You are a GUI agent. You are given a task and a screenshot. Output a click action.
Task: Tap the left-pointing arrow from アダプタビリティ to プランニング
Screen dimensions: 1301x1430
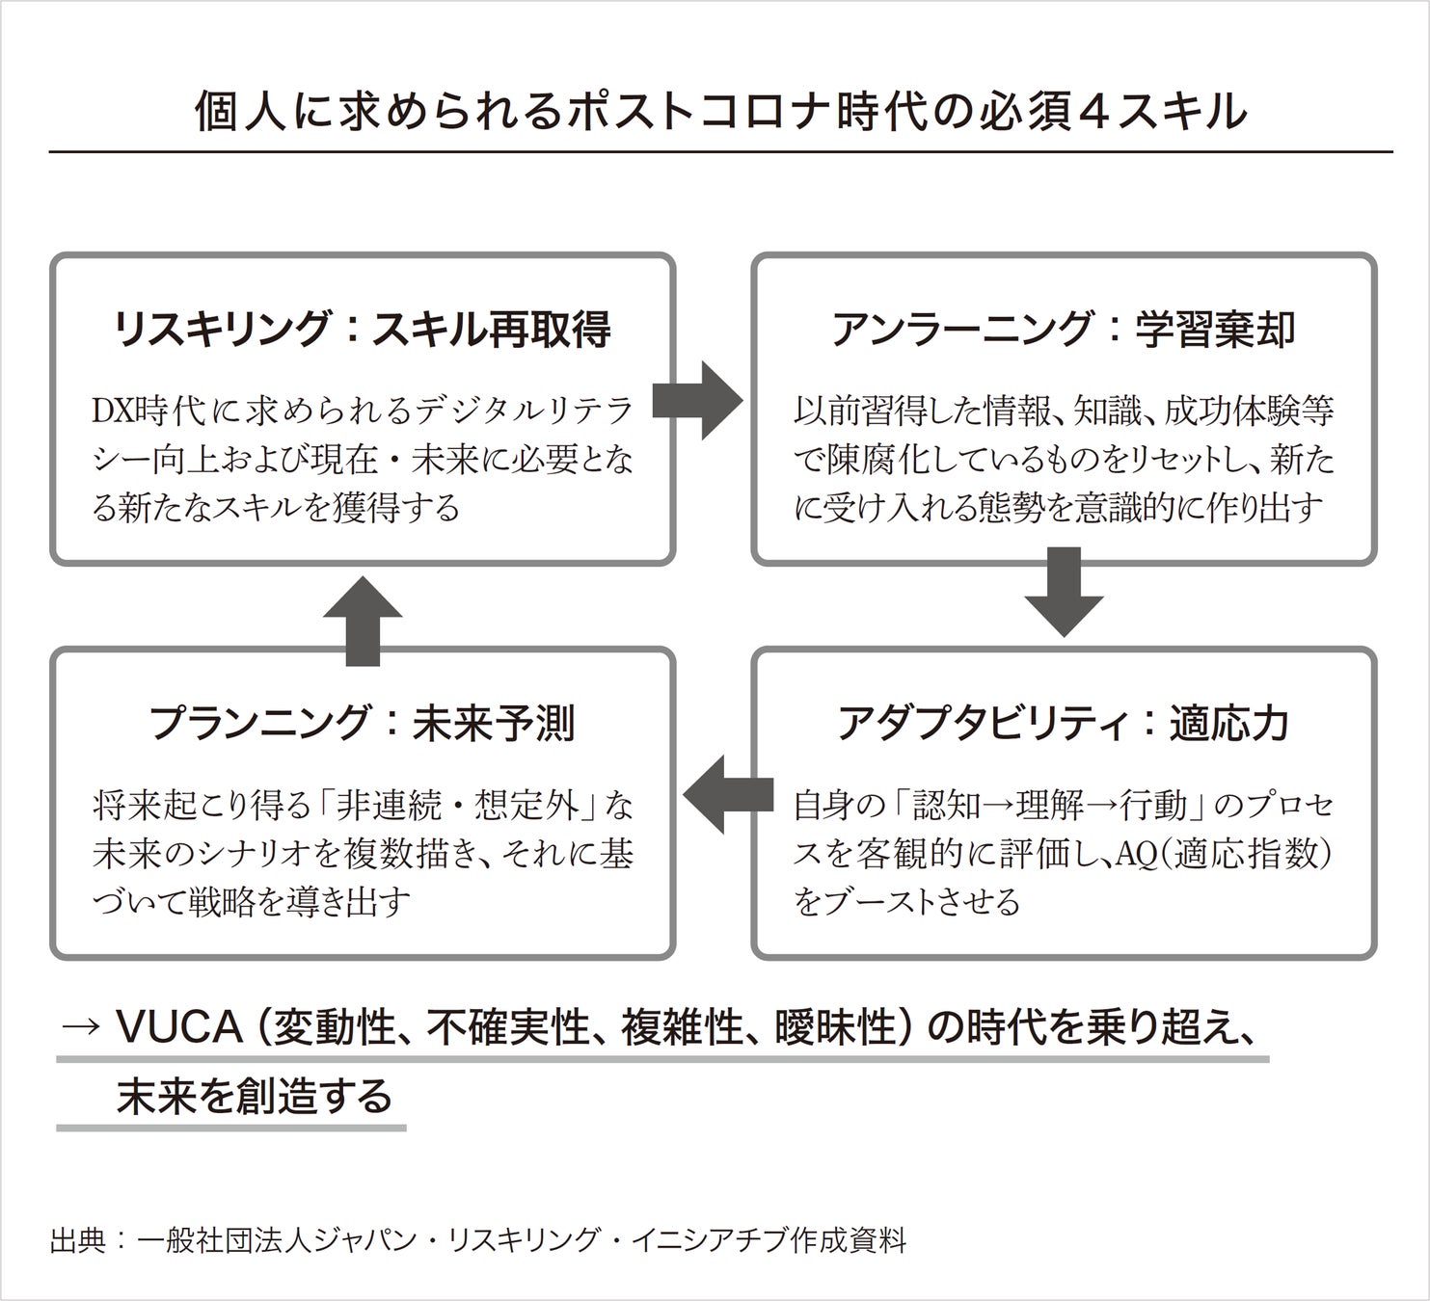pos(729,794)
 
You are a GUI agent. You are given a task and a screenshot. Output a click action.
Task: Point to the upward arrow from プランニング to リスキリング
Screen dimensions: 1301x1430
pos(362,621)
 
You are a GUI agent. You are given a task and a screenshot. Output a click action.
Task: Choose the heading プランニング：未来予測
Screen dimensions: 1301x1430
pos(362,723)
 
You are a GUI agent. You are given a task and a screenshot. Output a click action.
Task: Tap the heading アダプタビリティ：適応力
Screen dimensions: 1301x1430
pos(1063,723)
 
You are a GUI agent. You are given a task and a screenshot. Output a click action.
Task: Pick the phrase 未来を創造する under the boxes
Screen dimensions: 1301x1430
pos(255,1098)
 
